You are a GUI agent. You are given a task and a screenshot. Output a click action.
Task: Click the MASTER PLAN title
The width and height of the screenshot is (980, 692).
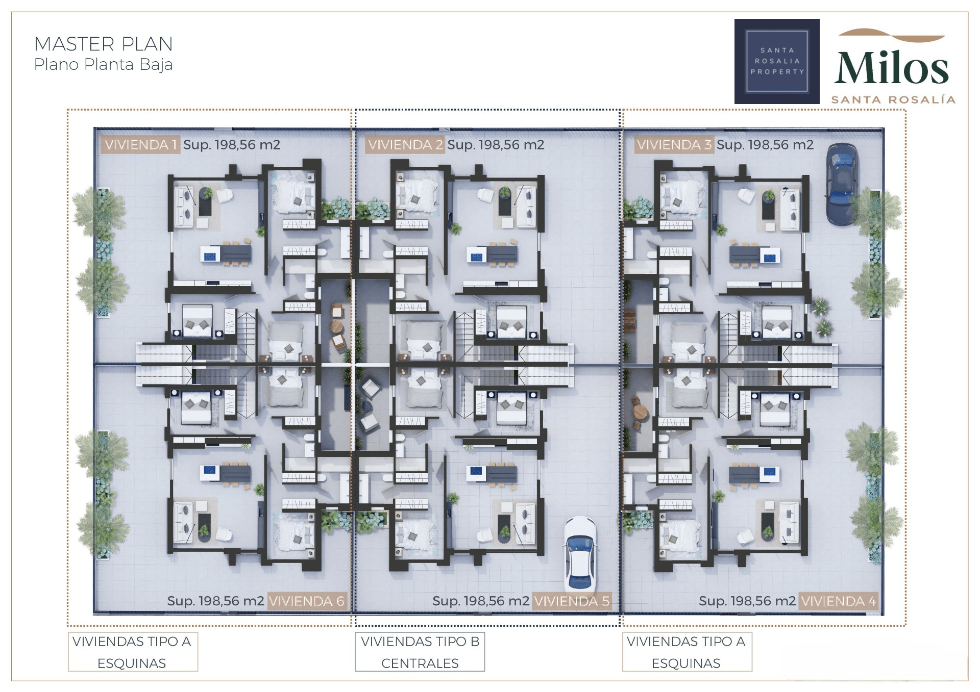coord(104,44)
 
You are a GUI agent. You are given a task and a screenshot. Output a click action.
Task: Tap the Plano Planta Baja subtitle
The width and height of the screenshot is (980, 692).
coord(104,65)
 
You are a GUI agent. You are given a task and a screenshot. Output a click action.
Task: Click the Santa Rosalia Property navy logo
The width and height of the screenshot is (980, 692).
coord(777,61)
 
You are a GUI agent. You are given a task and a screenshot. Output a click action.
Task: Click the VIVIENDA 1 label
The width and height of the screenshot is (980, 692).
coord(140,145)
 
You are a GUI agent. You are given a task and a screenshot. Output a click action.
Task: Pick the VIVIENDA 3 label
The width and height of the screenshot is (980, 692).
coord(674,145)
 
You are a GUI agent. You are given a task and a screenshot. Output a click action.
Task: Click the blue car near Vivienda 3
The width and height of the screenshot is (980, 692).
coord(842,184)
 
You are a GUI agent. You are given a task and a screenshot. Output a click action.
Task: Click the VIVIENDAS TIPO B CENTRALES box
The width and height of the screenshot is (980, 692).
coord(420,652)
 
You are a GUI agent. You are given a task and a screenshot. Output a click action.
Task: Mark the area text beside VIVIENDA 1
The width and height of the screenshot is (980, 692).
coord(232,145)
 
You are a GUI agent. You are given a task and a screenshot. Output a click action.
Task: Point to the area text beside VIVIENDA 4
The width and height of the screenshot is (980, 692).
coord(747,601)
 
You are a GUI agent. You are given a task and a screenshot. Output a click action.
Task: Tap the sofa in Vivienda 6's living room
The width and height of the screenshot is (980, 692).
coord(184,522)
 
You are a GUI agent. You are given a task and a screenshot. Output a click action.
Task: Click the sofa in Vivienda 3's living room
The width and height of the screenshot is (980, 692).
coord(790,209)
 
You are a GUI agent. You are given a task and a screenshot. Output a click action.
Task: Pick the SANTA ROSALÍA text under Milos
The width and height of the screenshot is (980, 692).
coord(893,100)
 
